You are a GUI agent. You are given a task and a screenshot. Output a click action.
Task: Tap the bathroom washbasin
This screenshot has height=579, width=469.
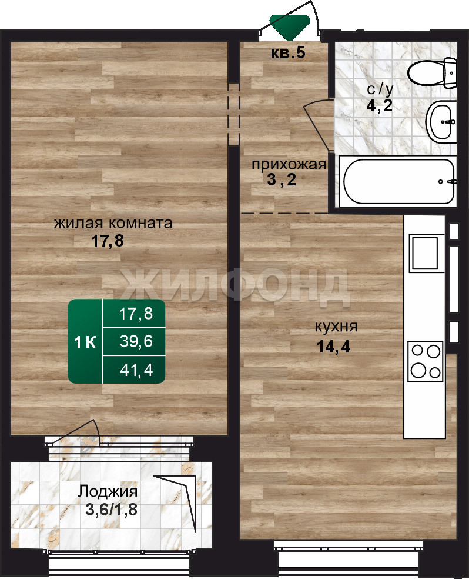[x=441, y=122]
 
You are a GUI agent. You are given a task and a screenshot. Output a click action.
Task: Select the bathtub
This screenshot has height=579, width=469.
[x=398, y=181]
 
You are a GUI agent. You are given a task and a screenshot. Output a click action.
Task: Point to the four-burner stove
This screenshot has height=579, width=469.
[x=425, y=361]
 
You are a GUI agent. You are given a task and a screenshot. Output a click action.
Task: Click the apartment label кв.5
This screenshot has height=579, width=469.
[x=288, y=53]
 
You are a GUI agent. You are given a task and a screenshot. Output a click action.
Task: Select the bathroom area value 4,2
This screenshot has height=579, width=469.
[x=380, y=105]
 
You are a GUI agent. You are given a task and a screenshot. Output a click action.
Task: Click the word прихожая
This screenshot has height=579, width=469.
[x=289, y=165]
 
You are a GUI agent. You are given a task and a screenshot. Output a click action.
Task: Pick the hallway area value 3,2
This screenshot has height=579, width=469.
[x=282, y=180]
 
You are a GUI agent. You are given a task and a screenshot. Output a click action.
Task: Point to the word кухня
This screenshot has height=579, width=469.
[x=336, y=327]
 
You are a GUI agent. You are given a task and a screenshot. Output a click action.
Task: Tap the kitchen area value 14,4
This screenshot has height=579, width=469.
[x=333, y=347]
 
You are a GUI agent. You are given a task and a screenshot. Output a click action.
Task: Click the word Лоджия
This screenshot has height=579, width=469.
[x=108, y=492]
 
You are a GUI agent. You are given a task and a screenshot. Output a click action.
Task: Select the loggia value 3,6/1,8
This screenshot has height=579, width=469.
[x=111, y=510]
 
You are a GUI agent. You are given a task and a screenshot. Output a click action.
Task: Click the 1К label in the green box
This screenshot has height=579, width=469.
[x=85, y=342]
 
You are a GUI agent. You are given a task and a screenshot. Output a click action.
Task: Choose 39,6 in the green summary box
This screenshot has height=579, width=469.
[x=136, y=341]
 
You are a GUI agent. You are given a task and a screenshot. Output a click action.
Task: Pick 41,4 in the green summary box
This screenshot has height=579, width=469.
[x=136, y=370]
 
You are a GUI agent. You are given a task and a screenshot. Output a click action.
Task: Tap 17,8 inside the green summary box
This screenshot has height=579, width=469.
[x=136, y=314]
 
